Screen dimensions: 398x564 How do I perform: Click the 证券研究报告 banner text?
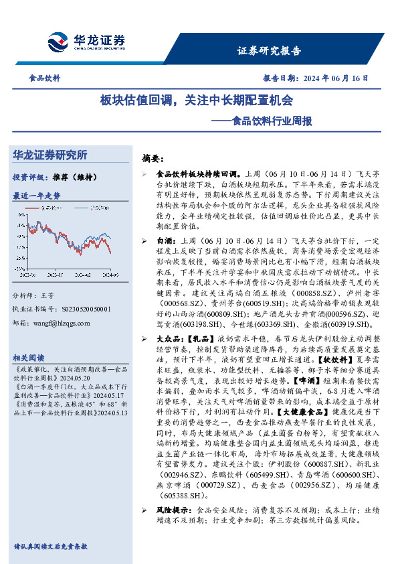coord(270,51)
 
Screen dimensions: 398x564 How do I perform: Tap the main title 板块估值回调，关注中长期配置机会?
coord(197,100)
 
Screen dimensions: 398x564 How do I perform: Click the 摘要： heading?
coord(153,159)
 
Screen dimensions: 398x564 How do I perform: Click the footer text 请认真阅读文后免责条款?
coord(50,547)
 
